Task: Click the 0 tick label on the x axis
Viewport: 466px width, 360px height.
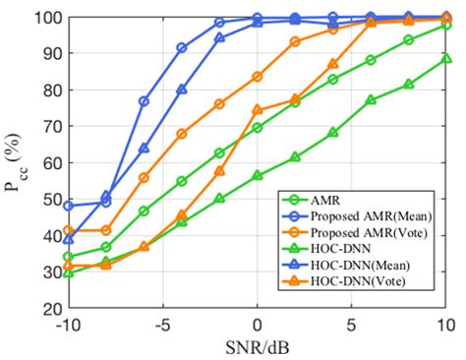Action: tap(258, 325)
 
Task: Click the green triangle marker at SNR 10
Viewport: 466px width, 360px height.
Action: tap(446, 59)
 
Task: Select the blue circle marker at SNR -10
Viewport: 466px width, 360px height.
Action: tap(69, 206)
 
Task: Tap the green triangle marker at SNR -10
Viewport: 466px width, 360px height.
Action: tap(69, 271)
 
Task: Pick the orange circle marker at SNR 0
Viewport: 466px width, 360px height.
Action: tap(258, 77)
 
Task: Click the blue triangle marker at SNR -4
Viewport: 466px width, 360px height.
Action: tap(182, 90)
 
